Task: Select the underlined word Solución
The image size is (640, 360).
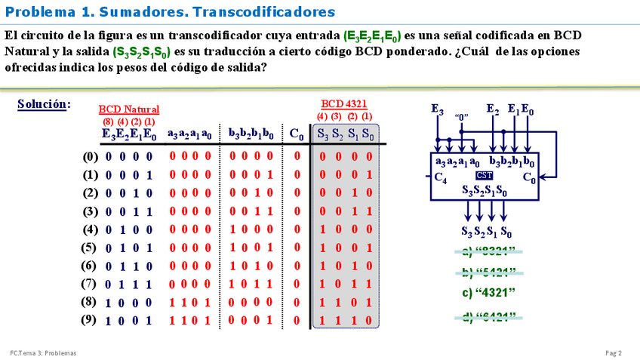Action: [x=43, y=104]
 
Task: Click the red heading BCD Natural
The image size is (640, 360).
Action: [x=129, y=109]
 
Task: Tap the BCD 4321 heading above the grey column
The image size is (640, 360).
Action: [x=344, y=103]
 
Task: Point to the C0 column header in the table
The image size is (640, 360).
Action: [x=297, y=134]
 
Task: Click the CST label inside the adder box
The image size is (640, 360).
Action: [x=484, y=175]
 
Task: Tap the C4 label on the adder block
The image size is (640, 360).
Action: [x=441, y=179]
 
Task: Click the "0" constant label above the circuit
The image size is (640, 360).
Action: [x=462, y=118]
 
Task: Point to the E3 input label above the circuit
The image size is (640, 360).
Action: [x=437, y=109]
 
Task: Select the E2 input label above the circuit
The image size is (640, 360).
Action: [x=493, y=109]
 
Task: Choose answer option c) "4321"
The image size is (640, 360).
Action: [x=488, y=293]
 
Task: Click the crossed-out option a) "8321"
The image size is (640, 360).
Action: [x=488, y=251]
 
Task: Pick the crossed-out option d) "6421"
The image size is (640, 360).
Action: [x=488, y=317]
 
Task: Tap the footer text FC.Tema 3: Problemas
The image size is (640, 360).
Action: [x=43, y=352]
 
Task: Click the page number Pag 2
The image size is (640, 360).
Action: [x=613, y=352]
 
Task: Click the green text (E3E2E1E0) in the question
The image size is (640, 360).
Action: [x=372, y=36]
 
